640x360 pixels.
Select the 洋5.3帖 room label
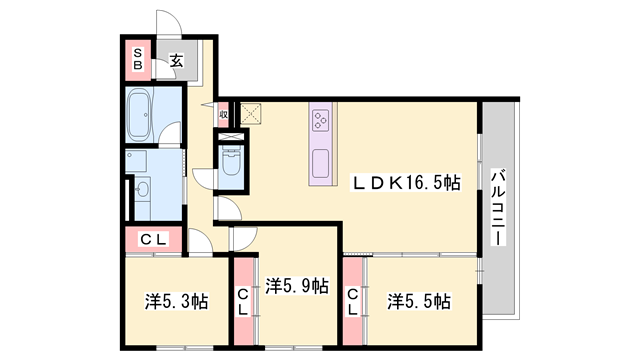pyautogui.click(x=175, y=300)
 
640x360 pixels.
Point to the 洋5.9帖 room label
pyautogui.click(x=297, y=287)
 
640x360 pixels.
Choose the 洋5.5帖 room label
pyautogui.click(x=418, y=300)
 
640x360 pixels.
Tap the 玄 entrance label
pyautogui.click(x=175, y=61)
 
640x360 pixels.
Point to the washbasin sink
pyautogui.click(x=141, y=189)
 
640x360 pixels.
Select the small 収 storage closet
pyautogui.click(x=224, y=114)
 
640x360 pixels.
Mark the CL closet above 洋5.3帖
pyautogui.click(x=152, y=239)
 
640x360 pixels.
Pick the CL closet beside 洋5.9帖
pyautogui.click(x=243, y=300)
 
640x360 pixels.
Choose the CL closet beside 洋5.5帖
pyautogui.click(x=353, y=300)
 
